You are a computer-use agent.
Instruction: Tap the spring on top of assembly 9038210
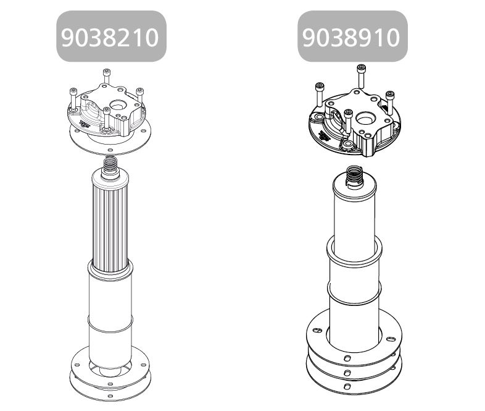(x=110, y=164)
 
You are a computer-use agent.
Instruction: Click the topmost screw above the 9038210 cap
(x=106, y=76)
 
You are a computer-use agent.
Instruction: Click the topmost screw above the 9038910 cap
(x=361, y=76)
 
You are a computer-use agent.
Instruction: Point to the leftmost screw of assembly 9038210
(x=73, y=100)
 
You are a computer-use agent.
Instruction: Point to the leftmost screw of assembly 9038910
(x=319, y=95)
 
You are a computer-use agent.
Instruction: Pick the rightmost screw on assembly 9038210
(x=140, y=95)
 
